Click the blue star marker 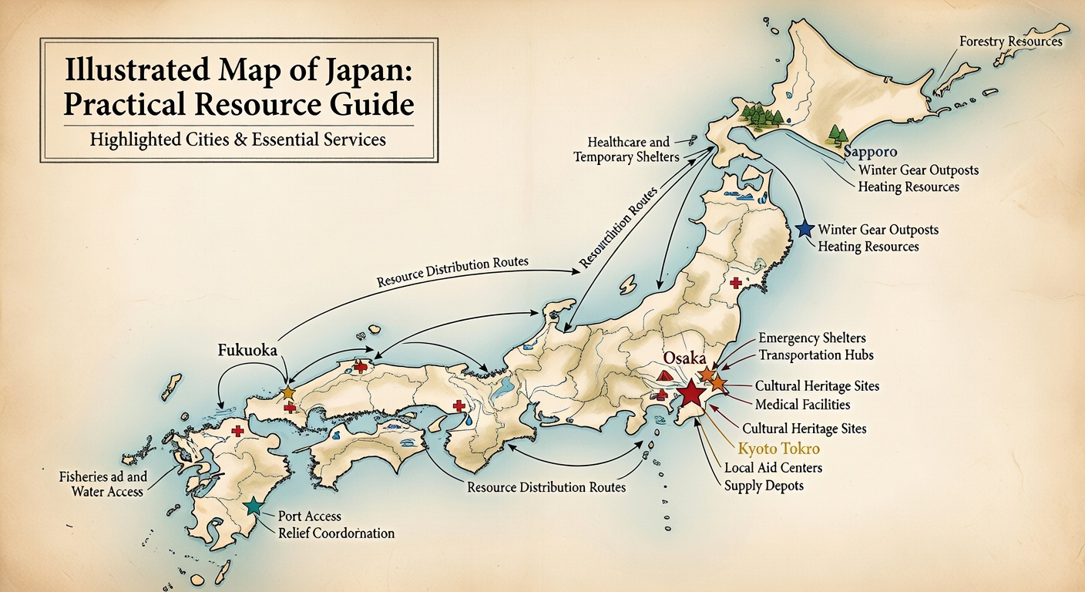pyautogui.click(x=805, y=229)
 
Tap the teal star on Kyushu pyautogui.click(x=252, y=506)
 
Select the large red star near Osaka pyautogui.click(x=691, y=393)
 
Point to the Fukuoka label pyautogui.click(x=247, y=350)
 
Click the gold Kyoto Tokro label pyautogui.click(x=779, y=449)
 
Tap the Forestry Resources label pyautogui.click(x=1010, y=41)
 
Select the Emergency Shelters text pyautogui.click(x=811, y=338)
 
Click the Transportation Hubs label pyautogui.click(x=816, y=355)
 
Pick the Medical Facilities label pyautogui.click(x=802, y=404)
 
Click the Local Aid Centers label pyautogui.click(x=773, y=468)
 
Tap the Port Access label pyautogui.click(x=309, y=516)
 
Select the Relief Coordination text pyautogui.click(x=335, y=533)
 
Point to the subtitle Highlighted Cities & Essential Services pyautogui.click(x=237, y=140)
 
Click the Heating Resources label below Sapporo pyautogui.click(x=908, y=187)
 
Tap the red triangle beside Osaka pyautogui.click(x=666, y=376)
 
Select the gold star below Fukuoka pyautogui.click(x=288, y=393)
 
